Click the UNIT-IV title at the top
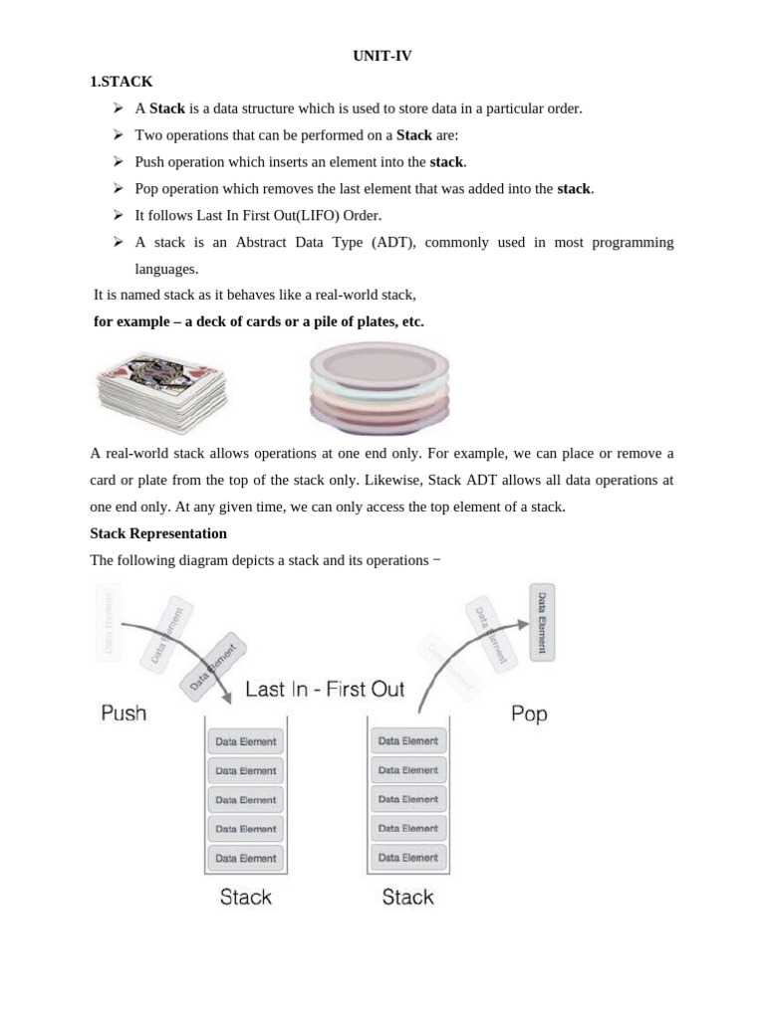[x=382, y=57]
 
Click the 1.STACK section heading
[x=122, y=82]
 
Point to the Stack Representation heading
[x=158, y=533]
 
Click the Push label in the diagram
[x=124, y=713]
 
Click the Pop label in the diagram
[x=529, y=713]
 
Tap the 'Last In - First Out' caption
[x=325, y=689]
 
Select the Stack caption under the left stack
[x=245, y=897]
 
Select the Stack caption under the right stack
[x=408, y=897]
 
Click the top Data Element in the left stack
[x=245, y=741]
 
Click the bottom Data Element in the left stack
[x=245, y=858]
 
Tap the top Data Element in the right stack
[x=408, y=740]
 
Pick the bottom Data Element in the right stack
[x=408, y=857]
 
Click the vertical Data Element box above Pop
[x=542, y=622]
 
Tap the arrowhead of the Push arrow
[x=228, y=700]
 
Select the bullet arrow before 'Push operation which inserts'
[x=118, y=161]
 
